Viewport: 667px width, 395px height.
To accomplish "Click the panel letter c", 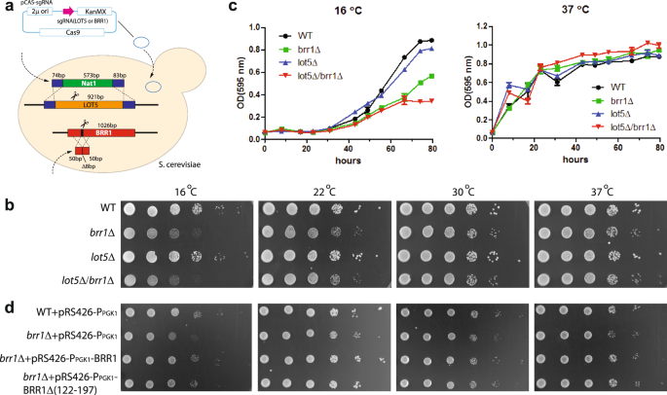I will tap(232, 8).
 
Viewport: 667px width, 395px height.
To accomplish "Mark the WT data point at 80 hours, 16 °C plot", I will tap(430, 40).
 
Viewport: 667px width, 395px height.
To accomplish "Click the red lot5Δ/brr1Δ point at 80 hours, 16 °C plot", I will tap(430, 100).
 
